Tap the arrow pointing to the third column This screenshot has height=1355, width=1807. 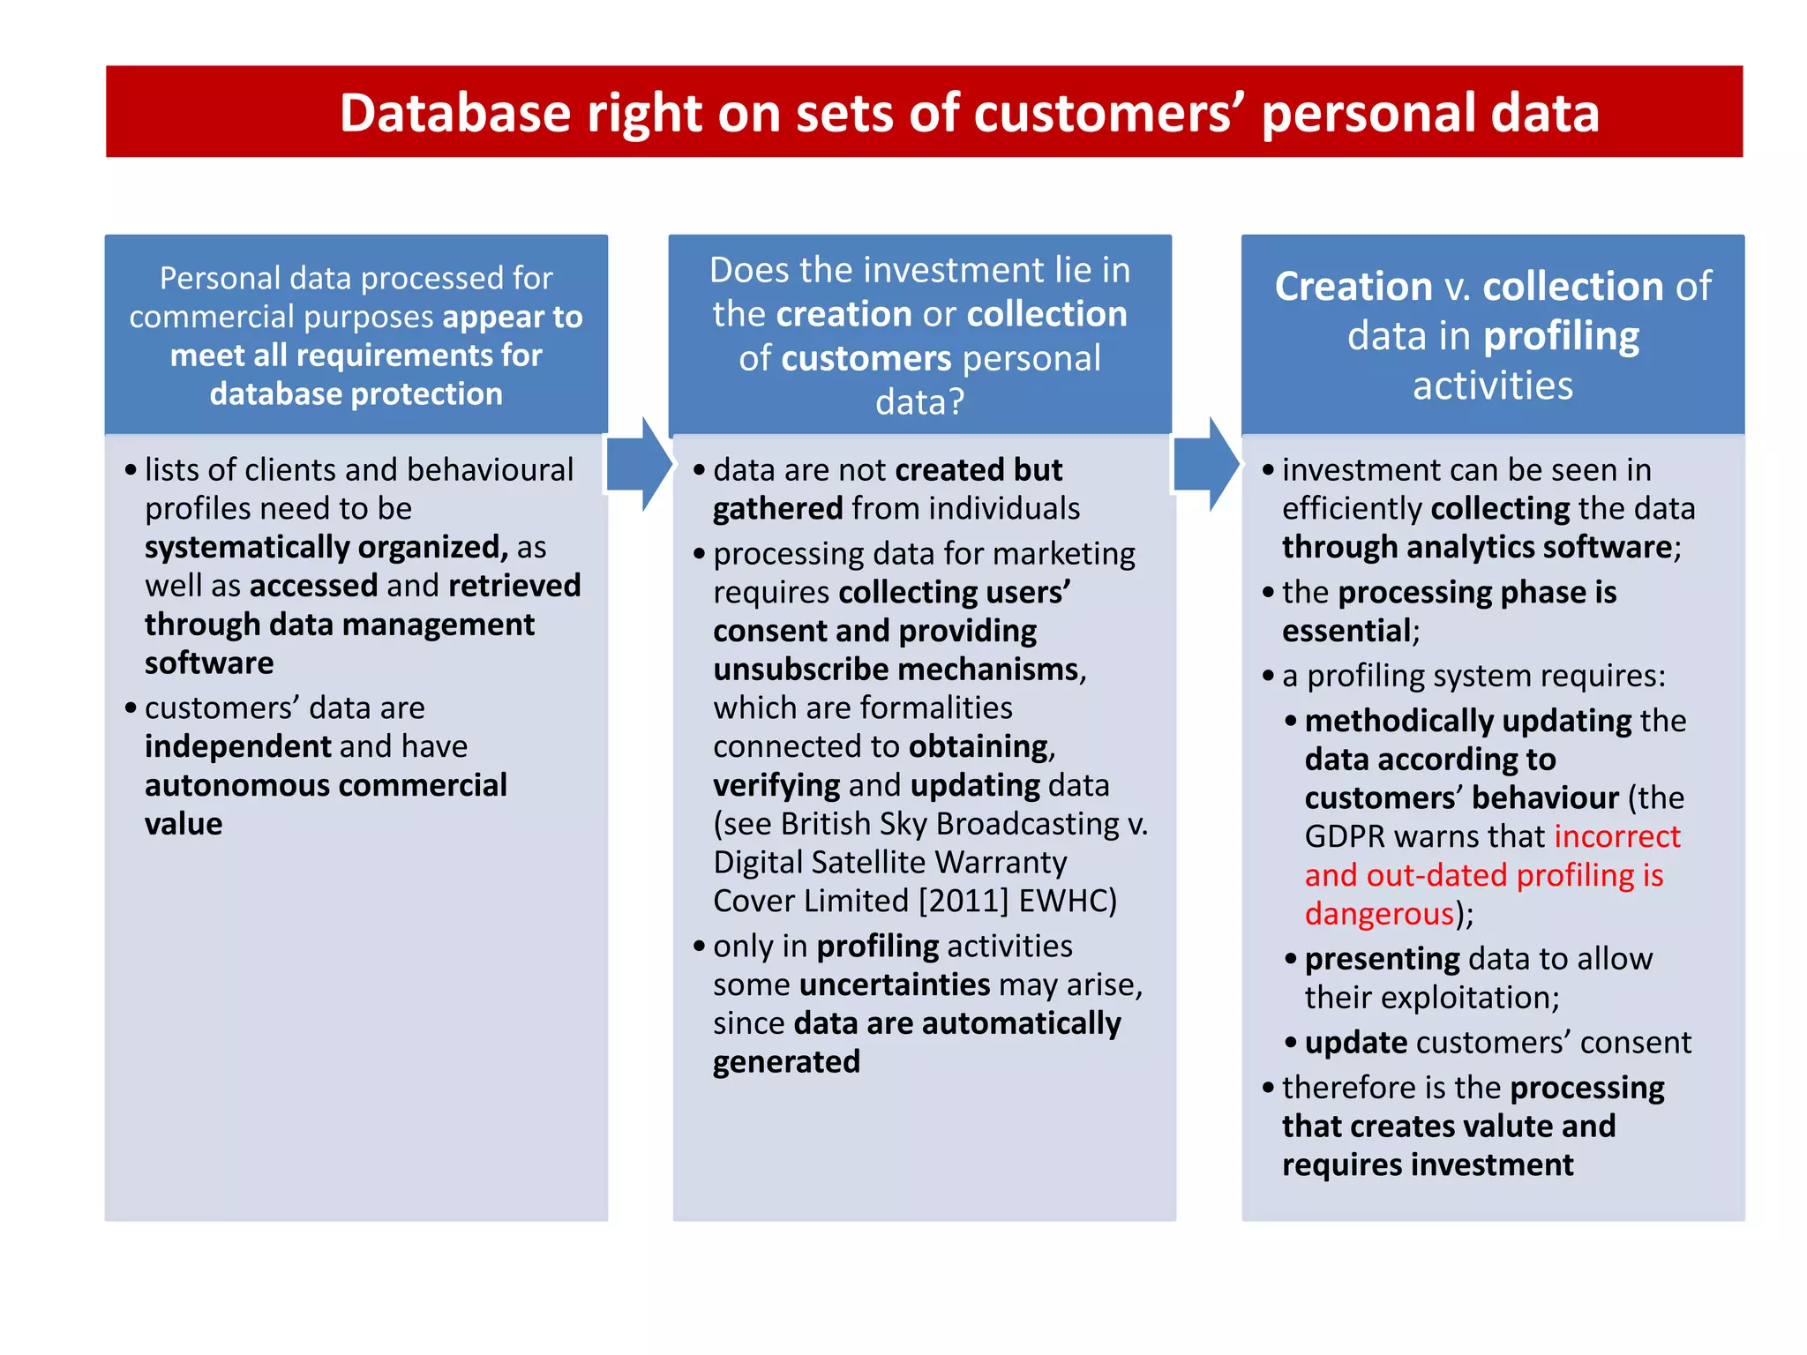click(1206, 465)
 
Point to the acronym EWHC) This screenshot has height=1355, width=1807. click(1068, 901)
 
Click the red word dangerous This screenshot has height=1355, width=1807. click(1379, 914)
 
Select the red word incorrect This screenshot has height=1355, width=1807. click(1616, 836)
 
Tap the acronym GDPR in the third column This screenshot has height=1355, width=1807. click(1345, 836)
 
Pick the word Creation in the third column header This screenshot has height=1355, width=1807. click(1353, 287)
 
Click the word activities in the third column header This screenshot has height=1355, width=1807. click(1493, 386)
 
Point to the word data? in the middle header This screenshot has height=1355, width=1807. click(919, 402)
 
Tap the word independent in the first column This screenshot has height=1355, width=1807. click(237, 747)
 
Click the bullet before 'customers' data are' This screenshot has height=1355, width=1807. click(131, 708)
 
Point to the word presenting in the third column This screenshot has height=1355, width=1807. click(1382, 959)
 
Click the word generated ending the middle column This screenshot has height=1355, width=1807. click(786, 1062)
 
